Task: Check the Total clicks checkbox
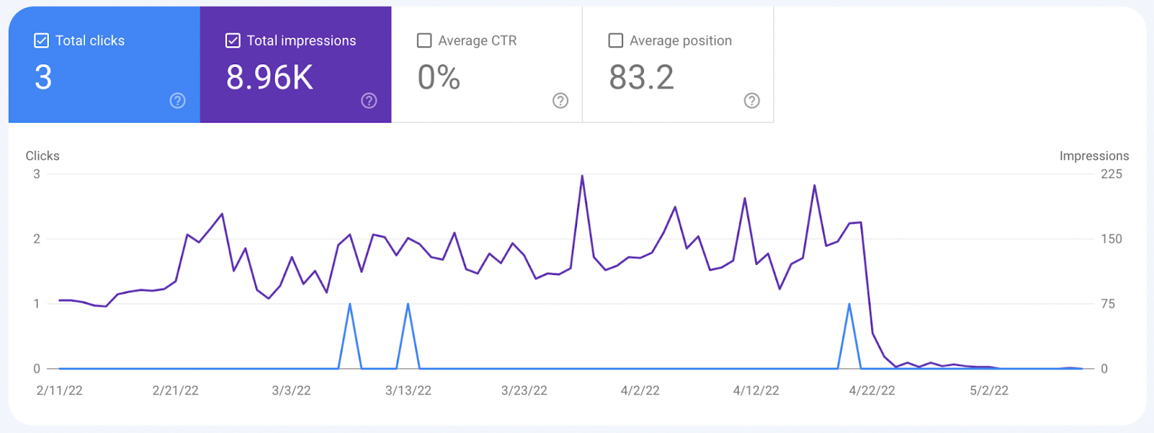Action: [41, 40]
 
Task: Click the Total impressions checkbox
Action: [233, 40]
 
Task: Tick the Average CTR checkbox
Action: [424, 40]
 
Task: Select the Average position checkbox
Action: [616, 40]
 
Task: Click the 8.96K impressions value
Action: [270, 78]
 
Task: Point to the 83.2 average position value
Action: [641, 78]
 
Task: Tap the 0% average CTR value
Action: [439, 78]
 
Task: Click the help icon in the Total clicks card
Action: [177, 100]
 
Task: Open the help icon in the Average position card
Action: [752, 100]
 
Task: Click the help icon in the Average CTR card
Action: [560, 100]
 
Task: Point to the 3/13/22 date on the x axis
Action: [408, 390]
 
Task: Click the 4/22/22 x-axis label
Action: [872, 390]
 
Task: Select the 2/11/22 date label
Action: [59, 390]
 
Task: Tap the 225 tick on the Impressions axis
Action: [1111, 174]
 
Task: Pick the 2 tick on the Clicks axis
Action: [37, 239]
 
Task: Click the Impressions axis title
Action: [1094, 156]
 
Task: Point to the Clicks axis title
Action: [43, 156]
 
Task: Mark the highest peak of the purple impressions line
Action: [582, 176]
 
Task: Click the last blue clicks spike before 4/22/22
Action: [849, 305]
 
